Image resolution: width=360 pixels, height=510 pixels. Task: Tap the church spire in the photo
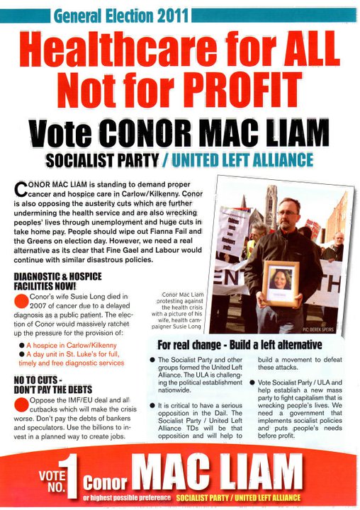coord(271,202)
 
